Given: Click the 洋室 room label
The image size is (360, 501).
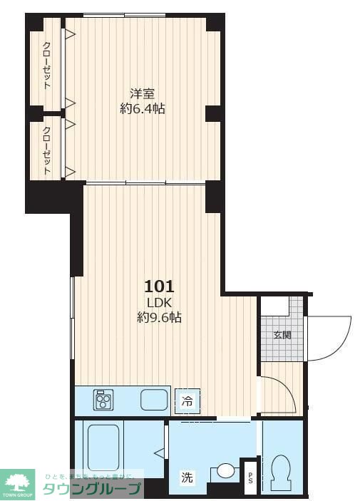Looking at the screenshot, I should click(143, 93).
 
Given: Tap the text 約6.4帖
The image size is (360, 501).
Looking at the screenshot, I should click(143, 109).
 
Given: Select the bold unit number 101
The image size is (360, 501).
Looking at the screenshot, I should click(159, 286).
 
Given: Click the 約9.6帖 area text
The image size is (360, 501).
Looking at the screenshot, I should click(159, 318).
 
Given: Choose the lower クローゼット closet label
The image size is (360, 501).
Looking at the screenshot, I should click(47, 150).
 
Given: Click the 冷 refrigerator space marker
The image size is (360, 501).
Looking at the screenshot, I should click(187, 401).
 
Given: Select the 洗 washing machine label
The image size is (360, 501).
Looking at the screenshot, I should click(187, 478).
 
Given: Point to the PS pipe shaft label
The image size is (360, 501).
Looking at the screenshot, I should click(250, 478).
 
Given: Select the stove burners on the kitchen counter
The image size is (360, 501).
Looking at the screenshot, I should click(104, 400).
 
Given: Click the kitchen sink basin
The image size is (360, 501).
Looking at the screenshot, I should click(153, 400).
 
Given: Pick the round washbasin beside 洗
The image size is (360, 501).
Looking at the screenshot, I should click(225, 470).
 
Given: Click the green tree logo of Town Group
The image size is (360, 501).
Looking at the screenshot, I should click(19, 482).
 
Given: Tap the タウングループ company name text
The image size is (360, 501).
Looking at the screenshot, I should click(93, 490).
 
